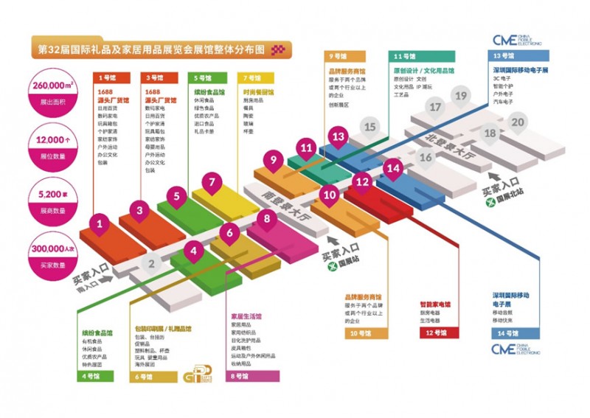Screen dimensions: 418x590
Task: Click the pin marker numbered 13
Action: (x=339, y=136)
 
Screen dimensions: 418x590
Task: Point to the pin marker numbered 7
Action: (x=212, y=181)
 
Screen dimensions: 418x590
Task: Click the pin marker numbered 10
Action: (x=329, y=195)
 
